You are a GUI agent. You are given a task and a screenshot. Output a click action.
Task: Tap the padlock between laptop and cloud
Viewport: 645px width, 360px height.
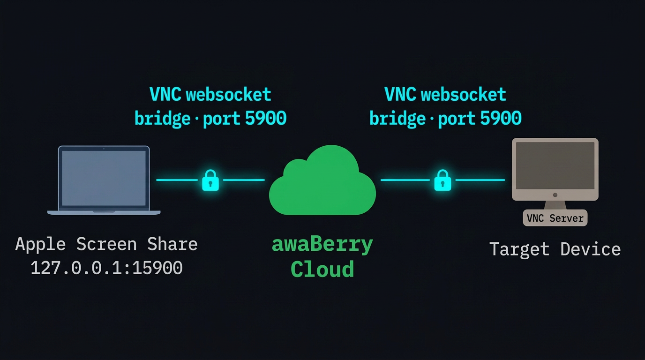210,180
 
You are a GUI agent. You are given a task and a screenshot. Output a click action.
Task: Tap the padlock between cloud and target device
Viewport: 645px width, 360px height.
442,180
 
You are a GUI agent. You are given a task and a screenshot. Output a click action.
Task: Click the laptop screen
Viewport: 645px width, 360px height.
104,178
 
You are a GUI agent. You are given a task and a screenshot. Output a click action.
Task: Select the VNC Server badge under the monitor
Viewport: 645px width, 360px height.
555,218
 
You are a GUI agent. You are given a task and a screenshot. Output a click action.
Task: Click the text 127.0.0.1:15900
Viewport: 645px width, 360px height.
106,268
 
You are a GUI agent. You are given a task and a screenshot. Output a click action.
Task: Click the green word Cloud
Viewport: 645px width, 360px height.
322,269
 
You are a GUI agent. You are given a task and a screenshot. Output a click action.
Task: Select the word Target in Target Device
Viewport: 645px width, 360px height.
519,249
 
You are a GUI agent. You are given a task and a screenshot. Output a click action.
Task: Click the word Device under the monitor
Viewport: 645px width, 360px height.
590,249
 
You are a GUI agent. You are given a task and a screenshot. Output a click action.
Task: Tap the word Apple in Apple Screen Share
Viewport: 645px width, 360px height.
40,244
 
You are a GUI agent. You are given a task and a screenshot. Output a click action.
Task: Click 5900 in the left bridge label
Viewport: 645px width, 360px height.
265,118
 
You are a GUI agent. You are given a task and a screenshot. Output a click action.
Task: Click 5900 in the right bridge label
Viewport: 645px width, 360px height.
501,118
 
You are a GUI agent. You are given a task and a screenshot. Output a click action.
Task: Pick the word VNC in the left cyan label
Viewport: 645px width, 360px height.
165,94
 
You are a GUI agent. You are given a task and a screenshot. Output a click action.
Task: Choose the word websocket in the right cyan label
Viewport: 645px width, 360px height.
463,94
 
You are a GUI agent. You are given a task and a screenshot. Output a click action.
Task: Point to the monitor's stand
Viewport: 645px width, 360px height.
555,205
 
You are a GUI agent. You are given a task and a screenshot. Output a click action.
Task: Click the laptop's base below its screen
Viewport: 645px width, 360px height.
104,212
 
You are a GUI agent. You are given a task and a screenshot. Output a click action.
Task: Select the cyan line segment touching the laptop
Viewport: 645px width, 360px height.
176,180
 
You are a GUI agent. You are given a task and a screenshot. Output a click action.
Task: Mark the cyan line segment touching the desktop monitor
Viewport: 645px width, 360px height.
480,180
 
